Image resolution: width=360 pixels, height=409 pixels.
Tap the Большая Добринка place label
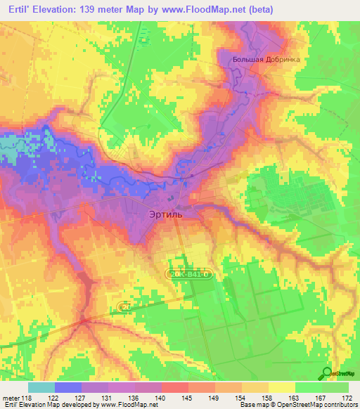coord(266,60)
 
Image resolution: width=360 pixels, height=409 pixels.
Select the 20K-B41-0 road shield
coord(188,273)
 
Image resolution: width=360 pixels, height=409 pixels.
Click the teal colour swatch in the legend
coord(41,387)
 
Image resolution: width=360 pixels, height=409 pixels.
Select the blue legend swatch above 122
coord(68,387)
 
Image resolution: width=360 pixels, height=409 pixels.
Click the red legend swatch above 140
coord(174,387)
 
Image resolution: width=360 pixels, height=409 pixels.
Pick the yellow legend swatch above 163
coord(281,387)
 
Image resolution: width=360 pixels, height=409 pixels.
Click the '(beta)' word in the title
coord(259,10)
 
